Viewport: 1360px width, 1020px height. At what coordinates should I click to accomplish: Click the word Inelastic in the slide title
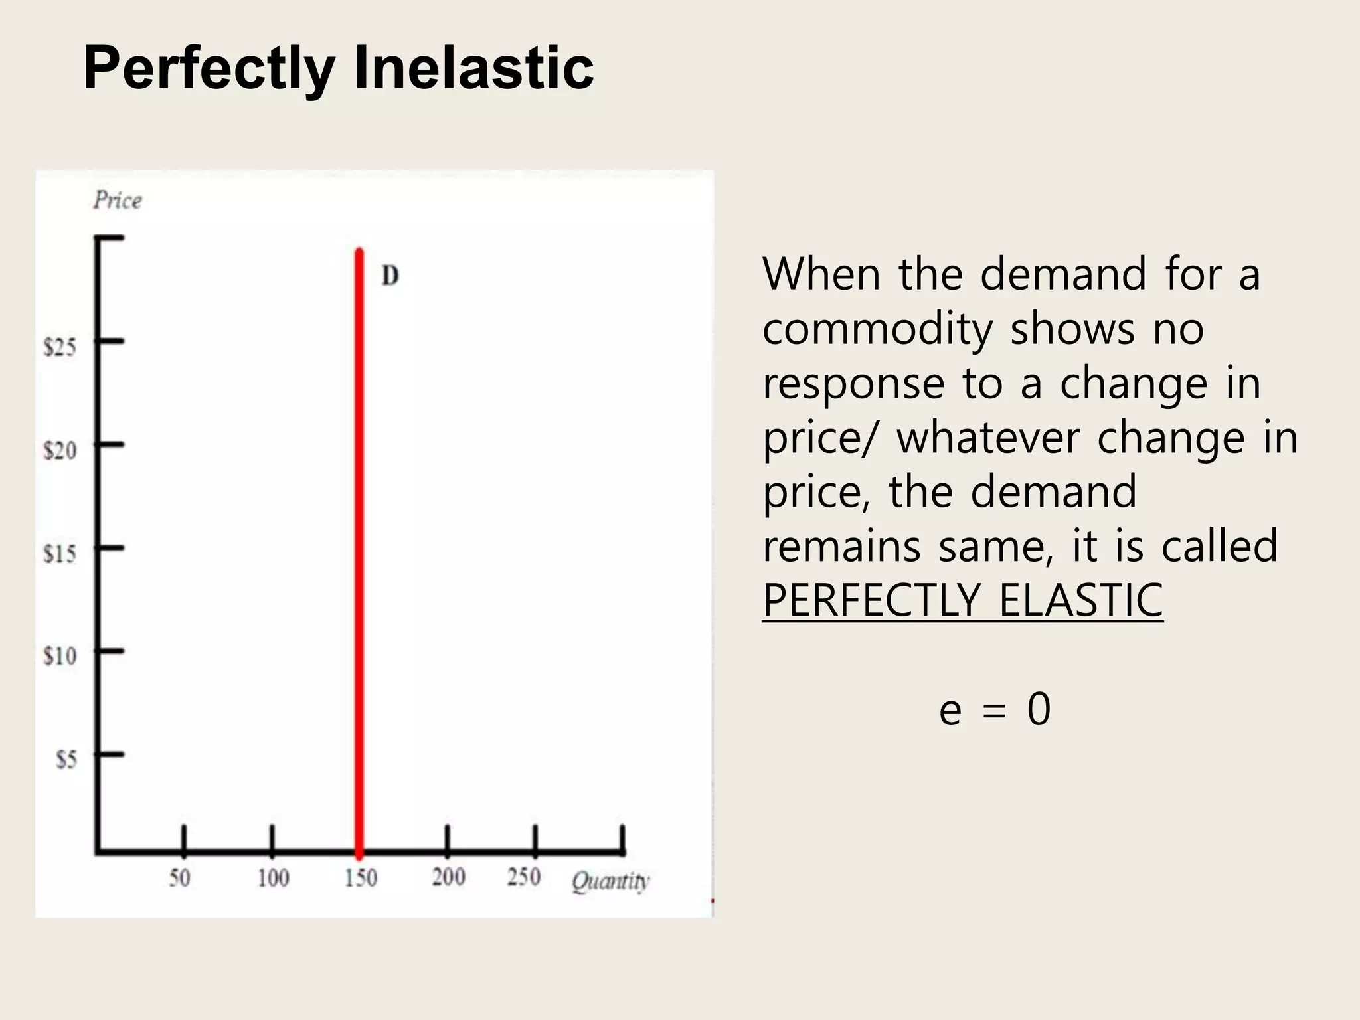(x=473, y=68)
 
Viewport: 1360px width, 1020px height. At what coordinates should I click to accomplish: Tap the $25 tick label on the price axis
(x=60, y=347)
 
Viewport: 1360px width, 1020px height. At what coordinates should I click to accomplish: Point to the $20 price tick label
(x=60, y=450)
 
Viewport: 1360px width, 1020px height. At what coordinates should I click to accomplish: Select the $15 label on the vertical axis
(x=60, y=553)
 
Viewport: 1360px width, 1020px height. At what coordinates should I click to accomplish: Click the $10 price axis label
(x=60, y=656)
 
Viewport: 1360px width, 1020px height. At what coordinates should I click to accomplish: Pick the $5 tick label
(x=66, y=759)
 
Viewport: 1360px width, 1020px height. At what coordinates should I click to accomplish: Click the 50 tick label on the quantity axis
(x=179, y=878)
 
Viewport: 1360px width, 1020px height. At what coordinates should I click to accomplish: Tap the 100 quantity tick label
(x=273, y=878)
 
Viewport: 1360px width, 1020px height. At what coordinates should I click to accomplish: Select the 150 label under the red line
(x=361, y=878)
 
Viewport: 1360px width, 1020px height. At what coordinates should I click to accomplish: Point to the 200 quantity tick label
(x=448, y=877)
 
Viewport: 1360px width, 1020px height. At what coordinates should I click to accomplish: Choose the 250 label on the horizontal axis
(x=524, y=877)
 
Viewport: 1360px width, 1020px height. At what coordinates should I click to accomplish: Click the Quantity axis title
(x=610, y=881)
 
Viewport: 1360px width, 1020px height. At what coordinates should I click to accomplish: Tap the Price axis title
(x=118, y=200)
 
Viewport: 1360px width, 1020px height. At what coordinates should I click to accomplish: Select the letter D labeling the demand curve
(x=390, y=276)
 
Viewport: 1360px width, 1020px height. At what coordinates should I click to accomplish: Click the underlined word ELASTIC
(x=1080, y=600)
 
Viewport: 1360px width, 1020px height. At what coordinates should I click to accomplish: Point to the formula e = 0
(x=995, y=709)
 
